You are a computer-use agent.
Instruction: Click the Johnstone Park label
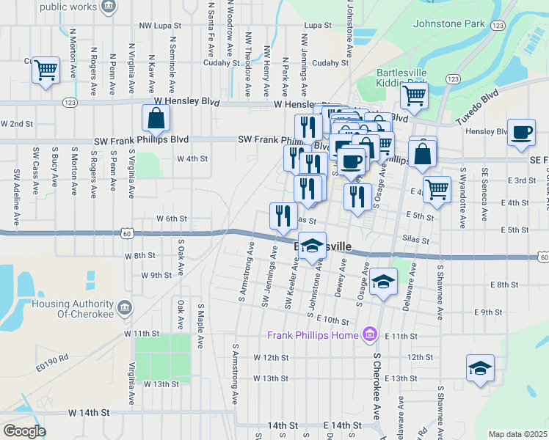[449, 23]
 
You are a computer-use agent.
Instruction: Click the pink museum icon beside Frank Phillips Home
[369, 336]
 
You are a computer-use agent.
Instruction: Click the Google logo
[24, 430]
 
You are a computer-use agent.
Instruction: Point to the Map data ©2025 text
[517, 434]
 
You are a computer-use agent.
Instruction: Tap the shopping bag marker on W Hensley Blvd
[156, 119]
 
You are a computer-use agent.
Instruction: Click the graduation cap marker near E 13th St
[480, 369]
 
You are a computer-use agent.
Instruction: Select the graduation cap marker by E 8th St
[383, 282]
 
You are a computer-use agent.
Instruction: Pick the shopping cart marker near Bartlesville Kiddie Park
[414, 95]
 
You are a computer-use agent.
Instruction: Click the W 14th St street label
[88, 413]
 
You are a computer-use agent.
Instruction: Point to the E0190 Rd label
[54, 358]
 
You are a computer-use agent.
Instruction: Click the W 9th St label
[156, 276]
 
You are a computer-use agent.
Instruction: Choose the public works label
[68, 7]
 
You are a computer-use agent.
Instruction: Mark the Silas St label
[415, 240]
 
